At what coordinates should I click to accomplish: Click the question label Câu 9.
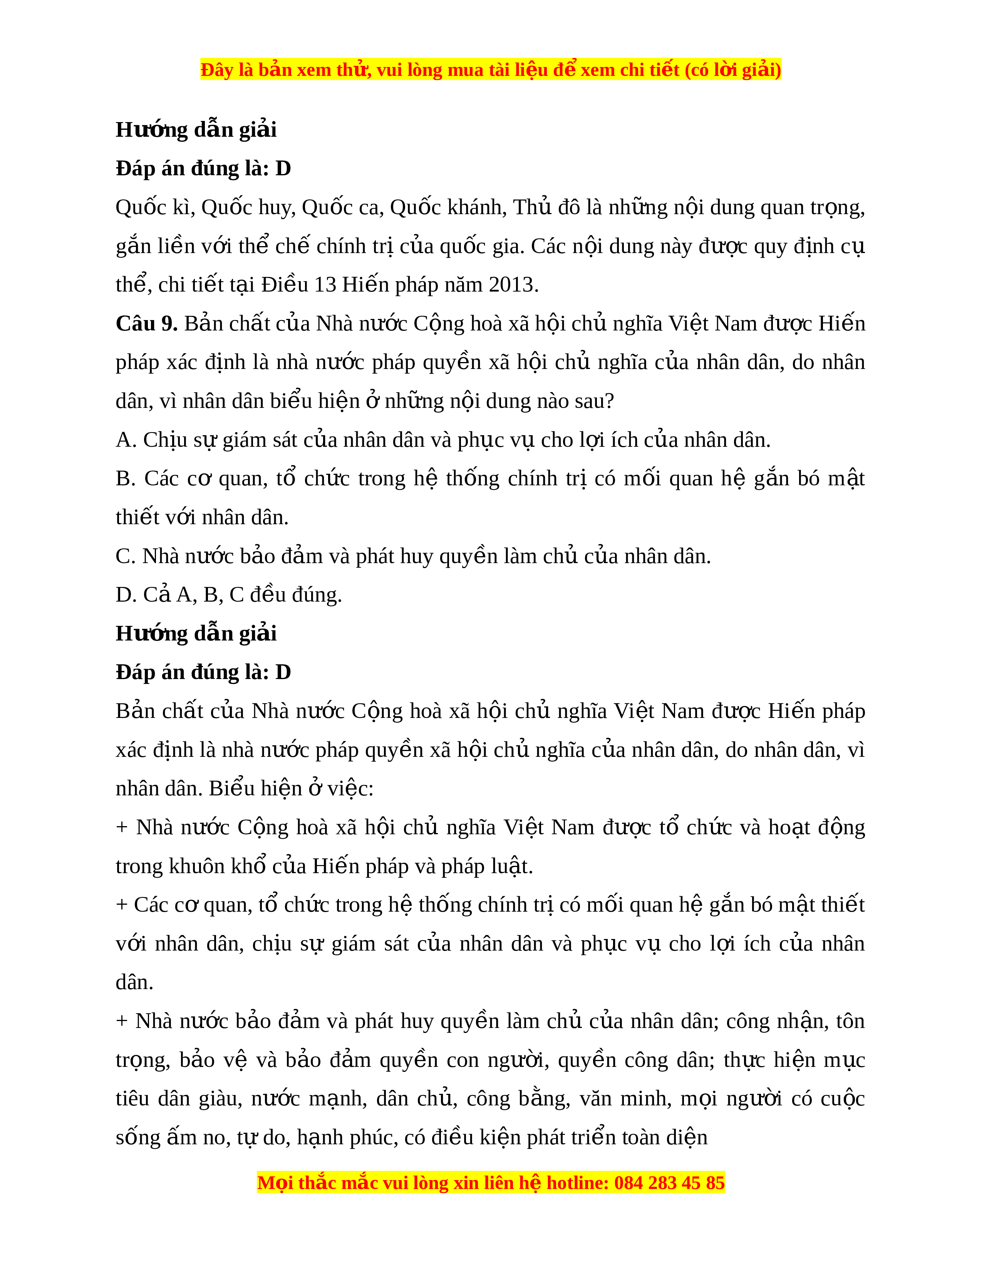[147, 324]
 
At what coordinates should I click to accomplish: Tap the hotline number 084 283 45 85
[669, 1182]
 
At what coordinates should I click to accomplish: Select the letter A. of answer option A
[126, 440]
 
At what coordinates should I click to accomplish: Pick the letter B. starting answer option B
[126, 478]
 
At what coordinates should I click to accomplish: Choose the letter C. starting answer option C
[126, 557]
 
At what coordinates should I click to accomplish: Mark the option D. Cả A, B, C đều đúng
[229, 595]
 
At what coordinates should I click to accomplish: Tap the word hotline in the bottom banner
[577, 1182]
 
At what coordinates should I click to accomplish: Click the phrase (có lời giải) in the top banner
[732, 70]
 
